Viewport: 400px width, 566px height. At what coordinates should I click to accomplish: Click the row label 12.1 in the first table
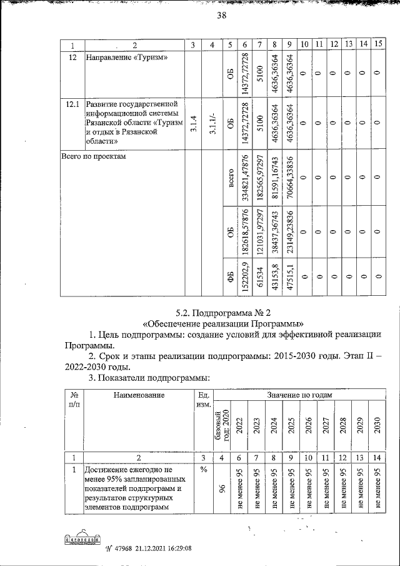pyautogui.click(x=72, y=103)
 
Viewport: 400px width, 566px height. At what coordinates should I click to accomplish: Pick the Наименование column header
pyautogui.click(x=139, y=395)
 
